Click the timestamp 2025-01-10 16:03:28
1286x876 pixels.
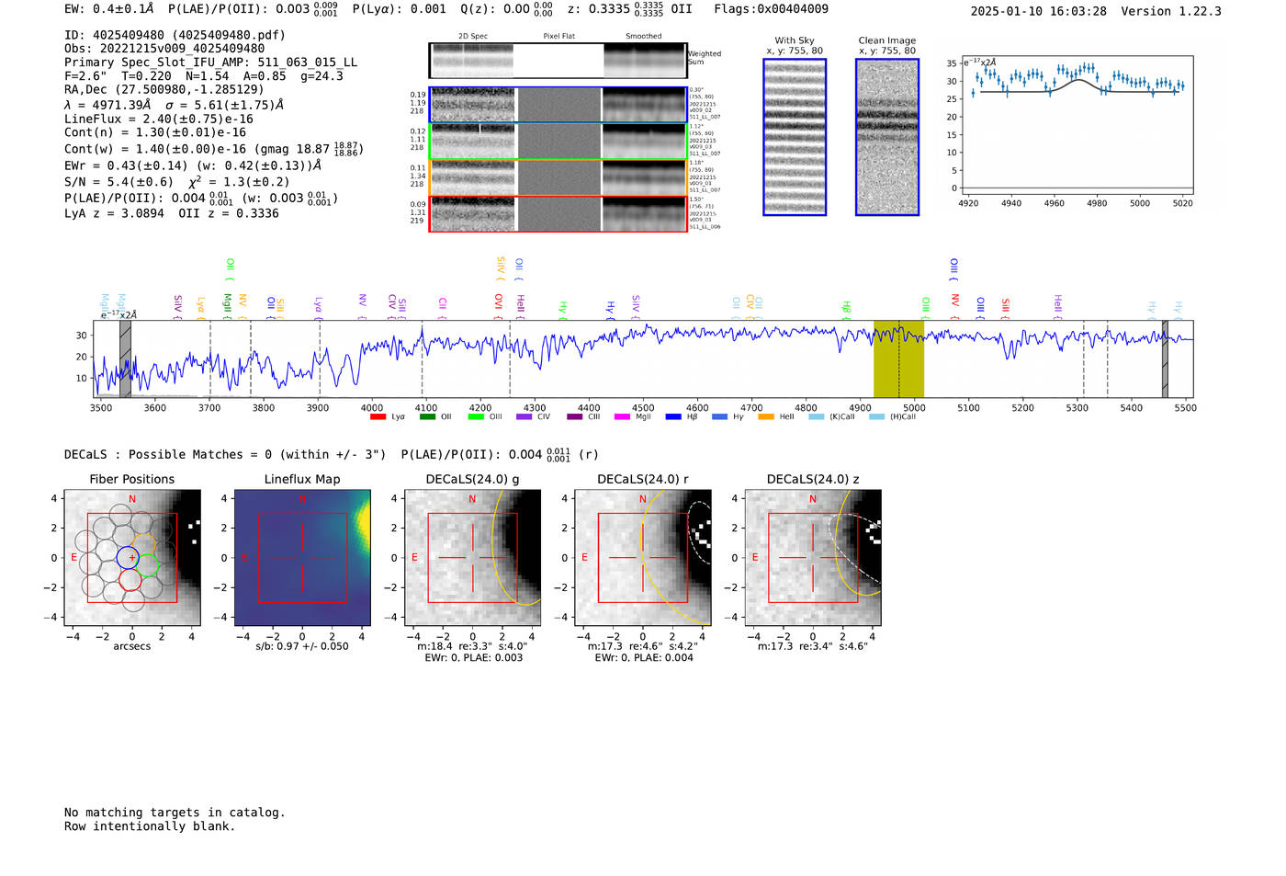tap(1038, 11)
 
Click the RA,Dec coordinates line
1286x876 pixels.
tap(164, 89)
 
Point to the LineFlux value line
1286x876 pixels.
tap(158, 119)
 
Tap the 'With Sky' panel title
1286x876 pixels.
tap(794, 40)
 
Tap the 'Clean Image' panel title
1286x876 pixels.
tap(886, 40)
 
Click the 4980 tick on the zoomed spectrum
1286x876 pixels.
tap(1097, 203)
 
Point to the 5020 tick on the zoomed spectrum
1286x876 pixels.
tap(1182, 203)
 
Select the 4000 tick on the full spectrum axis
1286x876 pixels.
tap(372, 407)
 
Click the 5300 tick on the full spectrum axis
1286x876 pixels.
tap(1077, 407)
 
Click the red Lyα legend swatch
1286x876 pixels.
tap(378, 417)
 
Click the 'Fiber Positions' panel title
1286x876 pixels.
tap(131, 479)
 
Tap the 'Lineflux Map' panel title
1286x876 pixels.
tap(301, 479)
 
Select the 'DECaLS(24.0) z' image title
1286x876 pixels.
tap(812, 479)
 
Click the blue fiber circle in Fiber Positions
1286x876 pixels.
tap(128, 557)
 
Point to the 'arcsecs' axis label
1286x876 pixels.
tap(131, 646)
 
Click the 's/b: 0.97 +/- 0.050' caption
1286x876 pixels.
tap(301, 646)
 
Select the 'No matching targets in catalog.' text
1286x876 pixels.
tap(175, 812)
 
